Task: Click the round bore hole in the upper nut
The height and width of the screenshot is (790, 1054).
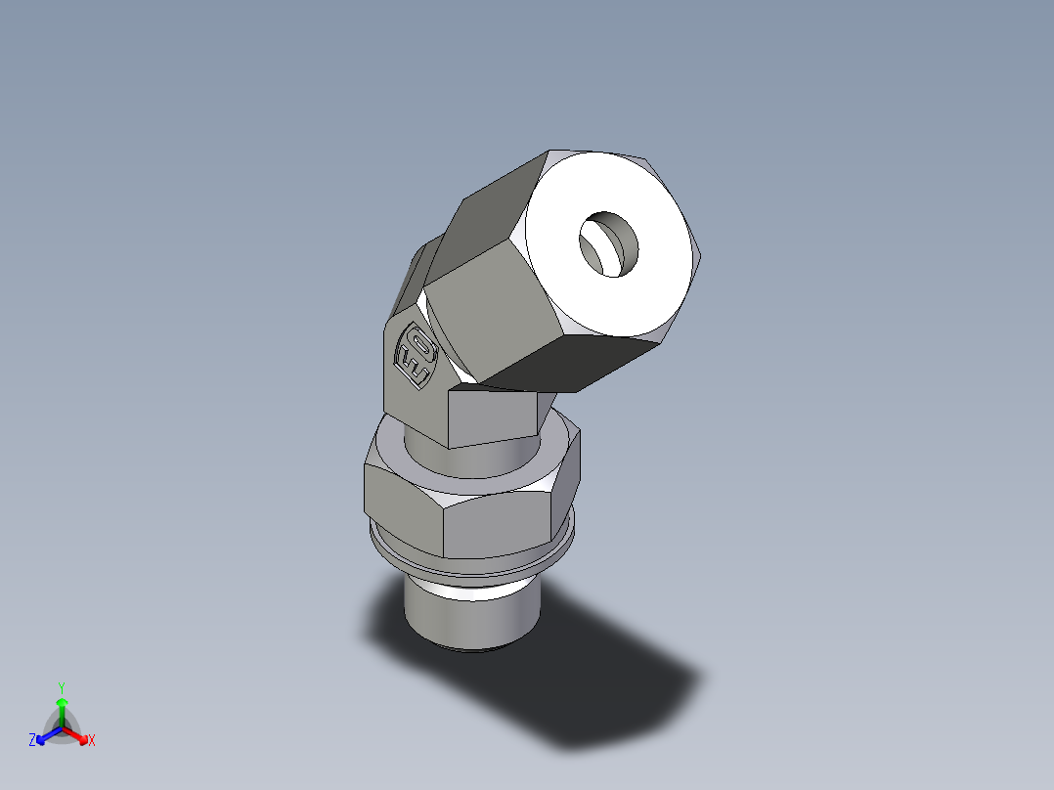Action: tap(608, 244)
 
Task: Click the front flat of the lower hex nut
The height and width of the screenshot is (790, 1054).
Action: tap(504, 523)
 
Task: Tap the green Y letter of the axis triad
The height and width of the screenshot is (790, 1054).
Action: tap(61, 686)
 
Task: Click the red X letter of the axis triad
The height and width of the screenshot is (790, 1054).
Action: tap(92, 741)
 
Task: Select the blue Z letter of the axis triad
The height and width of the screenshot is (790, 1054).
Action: tap(32, 741)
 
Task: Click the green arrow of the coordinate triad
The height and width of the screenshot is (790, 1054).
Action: tap(62, 708)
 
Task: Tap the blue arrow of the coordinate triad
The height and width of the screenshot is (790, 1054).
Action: tap(45, 735)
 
